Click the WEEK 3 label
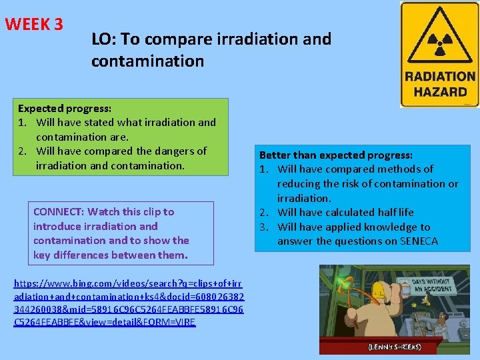pyautogui.click(x=34, y=25)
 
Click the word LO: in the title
pyautogui.click(x=105, y=39)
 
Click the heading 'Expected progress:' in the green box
pyautogui.click(x=65, y=108)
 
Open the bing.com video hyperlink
pyautogui.click(x=129, y=303)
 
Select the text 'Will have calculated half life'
pyautogui.click(x=345, y=212)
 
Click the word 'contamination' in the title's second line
pyautogui.click(x=148, y=61)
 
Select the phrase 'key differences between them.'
pyautogui.click(x=111, y=255)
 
